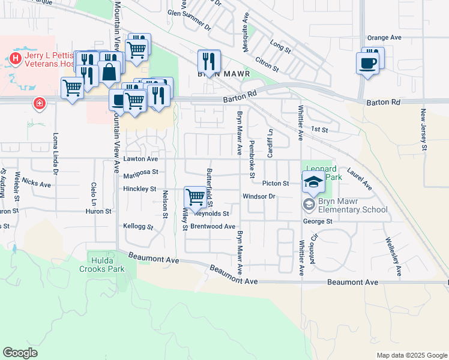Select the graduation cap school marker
[x=313, y=181]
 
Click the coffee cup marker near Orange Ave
[x=367, y=62]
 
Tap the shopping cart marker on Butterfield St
[x=195, y=196]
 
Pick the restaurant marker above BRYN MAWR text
[x=208, y=59]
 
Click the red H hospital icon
[x=16, y=58]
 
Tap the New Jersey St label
[x=423, y=129]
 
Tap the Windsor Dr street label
[x=259, y=196]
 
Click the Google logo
[x=20, y=353]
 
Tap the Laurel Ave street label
[x=359, y=178]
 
